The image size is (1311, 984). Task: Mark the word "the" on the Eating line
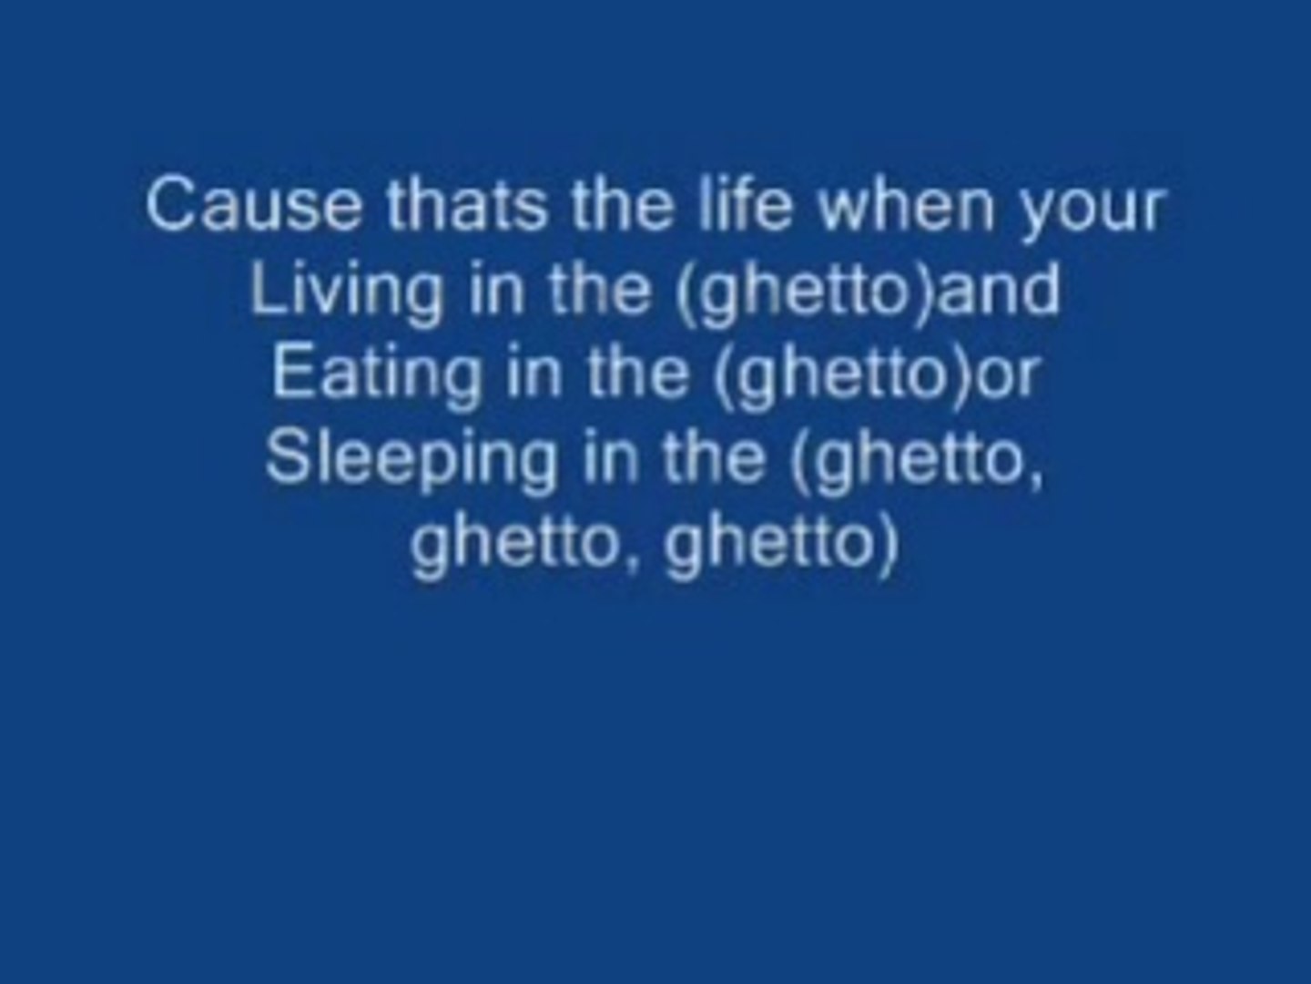637,374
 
